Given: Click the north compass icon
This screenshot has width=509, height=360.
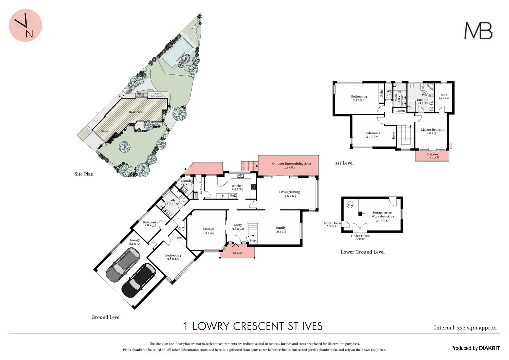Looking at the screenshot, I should pos(25,26).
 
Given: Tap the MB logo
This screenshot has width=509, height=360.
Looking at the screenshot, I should pos(478,31).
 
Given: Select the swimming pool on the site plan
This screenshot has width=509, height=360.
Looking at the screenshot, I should pos(177,51).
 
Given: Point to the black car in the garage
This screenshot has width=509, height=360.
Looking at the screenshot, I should pos(139,280).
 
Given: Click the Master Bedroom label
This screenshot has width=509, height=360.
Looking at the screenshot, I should pos(433,130).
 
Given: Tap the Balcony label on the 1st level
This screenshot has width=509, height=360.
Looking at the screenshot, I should pos(433,154).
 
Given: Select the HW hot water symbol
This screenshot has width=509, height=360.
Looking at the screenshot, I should pos(350,205).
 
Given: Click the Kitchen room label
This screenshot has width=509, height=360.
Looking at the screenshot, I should pos(238,186).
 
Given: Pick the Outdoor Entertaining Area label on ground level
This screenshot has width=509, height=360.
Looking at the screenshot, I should pos(291,164).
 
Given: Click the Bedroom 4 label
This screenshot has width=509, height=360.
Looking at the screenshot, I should pos(173,256).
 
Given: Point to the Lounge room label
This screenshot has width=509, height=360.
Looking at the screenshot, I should pos(208,229).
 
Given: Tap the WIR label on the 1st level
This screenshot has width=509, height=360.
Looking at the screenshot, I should pos(444,95).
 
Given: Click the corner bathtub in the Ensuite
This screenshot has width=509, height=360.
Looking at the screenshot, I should pos(427,90).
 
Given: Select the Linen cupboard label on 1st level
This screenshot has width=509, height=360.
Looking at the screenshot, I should pos(400,111).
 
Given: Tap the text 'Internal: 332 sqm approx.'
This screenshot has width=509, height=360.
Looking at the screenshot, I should pos(465,328).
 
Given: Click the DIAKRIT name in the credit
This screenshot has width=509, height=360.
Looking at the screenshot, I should pos(489,348).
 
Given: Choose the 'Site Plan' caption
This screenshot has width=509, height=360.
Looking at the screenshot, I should pos(84,174).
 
